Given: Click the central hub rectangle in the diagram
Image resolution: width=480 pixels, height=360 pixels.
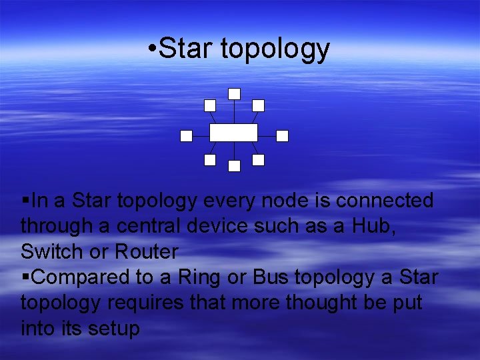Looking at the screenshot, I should point(233,132).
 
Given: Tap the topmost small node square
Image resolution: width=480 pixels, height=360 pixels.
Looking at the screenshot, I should point(234,94).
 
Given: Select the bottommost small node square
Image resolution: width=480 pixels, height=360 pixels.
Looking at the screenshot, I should point(234,166).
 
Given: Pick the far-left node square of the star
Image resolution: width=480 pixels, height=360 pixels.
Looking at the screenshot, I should point(187,136).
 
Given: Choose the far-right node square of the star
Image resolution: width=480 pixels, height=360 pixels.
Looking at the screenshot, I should point(282,136).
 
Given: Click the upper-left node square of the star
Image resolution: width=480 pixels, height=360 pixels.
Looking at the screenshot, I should point(210,105).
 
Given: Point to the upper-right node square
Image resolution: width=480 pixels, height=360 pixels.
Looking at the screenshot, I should point(259,105).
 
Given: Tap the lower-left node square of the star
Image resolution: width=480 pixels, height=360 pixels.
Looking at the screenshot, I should point(210,160).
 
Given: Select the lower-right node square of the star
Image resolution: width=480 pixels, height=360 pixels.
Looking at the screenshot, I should point(259,160).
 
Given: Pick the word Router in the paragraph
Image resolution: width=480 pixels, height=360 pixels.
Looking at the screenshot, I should point(147,252).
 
